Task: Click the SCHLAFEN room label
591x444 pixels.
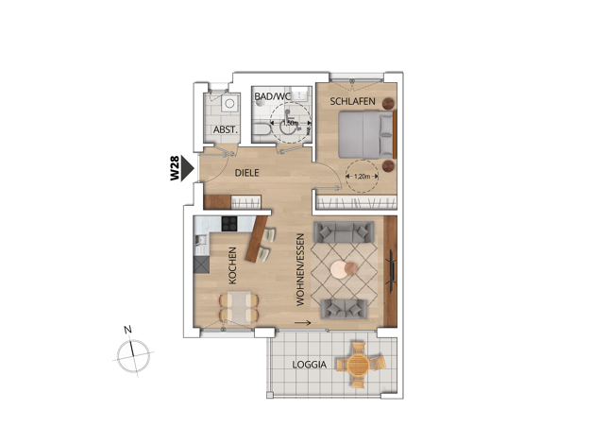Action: [x=352, y=101]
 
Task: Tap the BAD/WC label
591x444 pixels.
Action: [x=273, y=96]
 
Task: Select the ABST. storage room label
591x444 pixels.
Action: [x=226, y=129]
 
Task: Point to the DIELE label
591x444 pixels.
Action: [x=246, y=173]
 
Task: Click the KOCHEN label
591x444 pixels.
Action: [x=232, y=265]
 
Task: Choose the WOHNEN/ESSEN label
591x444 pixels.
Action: [x=300, y=270]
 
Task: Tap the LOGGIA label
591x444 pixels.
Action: [x=309, y=365]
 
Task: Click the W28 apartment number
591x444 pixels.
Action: [x=175, y=168]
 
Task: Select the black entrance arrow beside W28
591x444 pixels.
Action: [x=187, y=168]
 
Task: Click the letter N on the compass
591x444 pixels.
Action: [x=128, y=330]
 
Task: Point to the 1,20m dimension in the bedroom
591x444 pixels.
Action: [x=363, y=176]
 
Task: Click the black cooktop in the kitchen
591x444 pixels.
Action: [x=229, y=223]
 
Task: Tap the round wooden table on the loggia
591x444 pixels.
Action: [x=358, y=364]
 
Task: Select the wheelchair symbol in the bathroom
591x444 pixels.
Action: [x=290, y=124]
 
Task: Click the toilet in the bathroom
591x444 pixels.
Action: [x=262, y=129]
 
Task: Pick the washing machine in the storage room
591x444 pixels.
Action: [x=229, y=103]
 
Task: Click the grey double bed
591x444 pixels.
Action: [x=366, y=135]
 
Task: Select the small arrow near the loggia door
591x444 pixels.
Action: [x=303, y=323]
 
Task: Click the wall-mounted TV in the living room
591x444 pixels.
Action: [x=393, y=271]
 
